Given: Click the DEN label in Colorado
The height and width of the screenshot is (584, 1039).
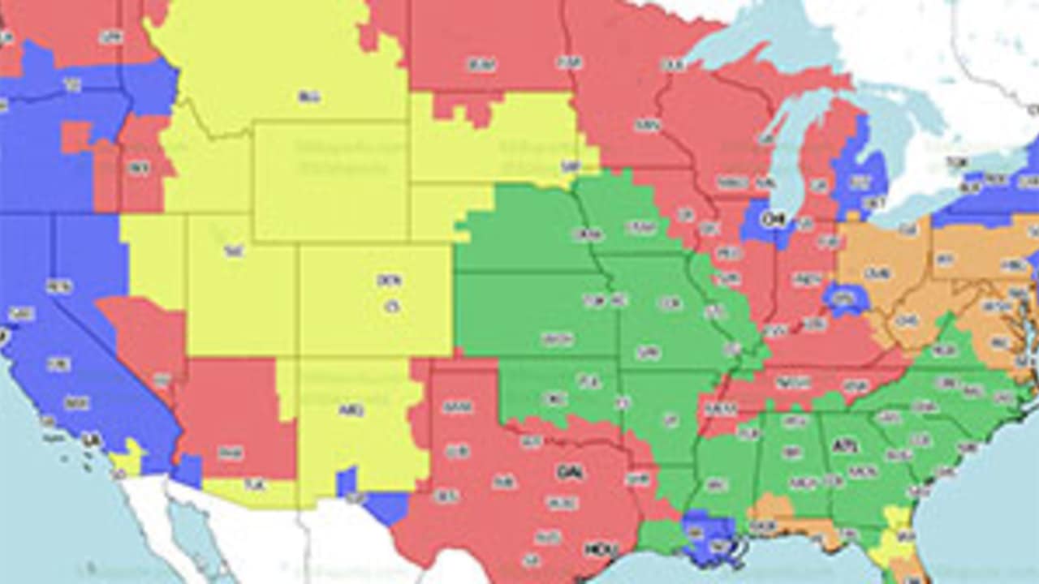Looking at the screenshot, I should [x=389, y=281].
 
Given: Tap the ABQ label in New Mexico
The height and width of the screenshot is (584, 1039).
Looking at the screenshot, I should [x=351, y=410].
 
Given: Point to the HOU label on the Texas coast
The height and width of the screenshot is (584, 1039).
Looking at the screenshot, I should [x=596, y=549].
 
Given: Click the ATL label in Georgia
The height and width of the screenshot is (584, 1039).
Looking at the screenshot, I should [x=845, y=446].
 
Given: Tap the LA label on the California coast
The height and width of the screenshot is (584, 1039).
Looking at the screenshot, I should [x=92, y=440].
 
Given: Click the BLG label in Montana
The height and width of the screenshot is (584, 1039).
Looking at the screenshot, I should [x=308, y=97].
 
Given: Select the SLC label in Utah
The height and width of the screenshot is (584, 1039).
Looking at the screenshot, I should [x=234, y=252].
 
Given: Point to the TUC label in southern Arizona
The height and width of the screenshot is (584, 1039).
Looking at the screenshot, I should [x=255, y=485].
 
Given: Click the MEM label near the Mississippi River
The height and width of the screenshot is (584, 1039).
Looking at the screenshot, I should [x=720, y=410].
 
